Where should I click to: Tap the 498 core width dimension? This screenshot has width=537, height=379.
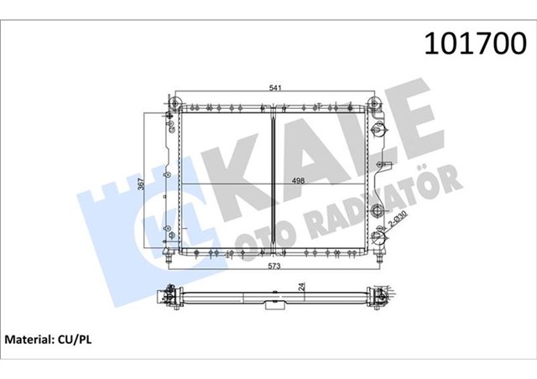[x=274, y=179]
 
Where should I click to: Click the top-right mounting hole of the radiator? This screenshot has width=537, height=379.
[x=375, y=103]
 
